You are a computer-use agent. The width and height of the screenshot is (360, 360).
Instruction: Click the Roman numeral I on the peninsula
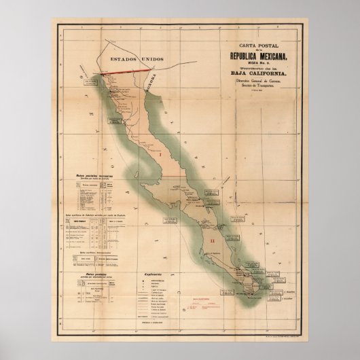(158, 154)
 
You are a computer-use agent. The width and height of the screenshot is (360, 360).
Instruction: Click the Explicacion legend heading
(154, 275)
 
